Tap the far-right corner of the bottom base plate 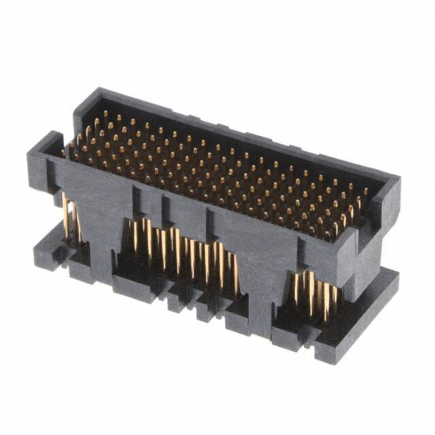point(395,275)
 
